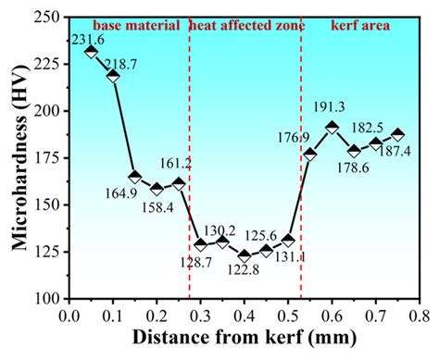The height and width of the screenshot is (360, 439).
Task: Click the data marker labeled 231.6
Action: [x=91, y=52]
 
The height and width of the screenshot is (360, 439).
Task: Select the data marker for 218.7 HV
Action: [x=113, y=76]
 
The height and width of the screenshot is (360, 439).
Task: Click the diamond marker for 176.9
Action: [x=310, y=155]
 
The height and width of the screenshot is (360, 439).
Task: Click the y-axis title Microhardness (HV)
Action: [x=16, y=157]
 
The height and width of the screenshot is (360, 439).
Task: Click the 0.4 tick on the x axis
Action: [x=245, y=317]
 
